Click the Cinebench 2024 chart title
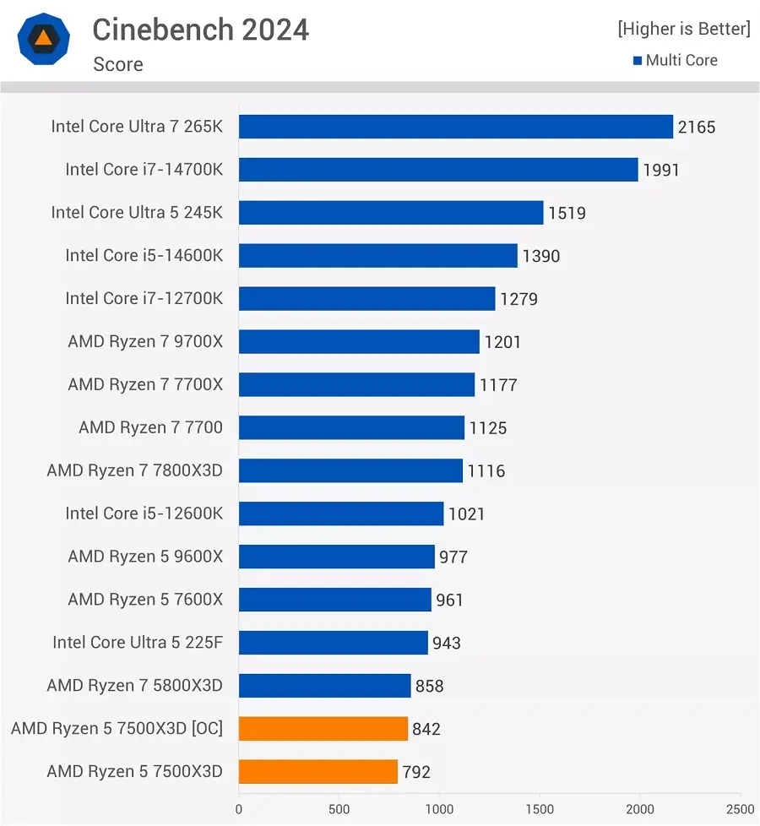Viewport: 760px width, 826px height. pyautogui.click(x=200, y=30)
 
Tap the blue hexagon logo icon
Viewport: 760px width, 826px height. pyautogui.click(x=43, y=39)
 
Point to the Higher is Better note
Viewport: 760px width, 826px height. pyautogui.click(x=683, y=29)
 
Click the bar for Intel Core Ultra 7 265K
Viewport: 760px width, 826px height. pyautogui.click(x=455, y=127)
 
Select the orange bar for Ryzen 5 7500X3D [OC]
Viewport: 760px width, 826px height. pyautogui.click(x=323, y=729)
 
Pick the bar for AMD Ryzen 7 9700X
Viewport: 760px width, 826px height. pyautogui.click(x=359, y=342)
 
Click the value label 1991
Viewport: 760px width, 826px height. pyautogui.click(x=660, y=170)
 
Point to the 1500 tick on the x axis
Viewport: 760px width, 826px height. pyautogui.click(x=540, y=808)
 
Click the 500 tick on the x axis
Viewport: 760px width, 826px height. pyautogui.click(x=339, y=808)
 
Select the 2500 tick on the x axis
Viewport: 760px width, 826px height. pyautogui.click(x=740, y=808)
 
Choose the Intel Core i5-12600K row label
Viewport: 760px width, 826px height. pyautogui.click(x=144, y=514)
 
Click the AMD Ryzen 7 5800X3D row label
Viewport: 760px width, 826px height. pyautogui.click(x=134, y=685)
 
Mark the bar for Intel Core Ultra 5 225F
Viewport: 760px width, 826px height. pyautogui.click(x=333, y=643)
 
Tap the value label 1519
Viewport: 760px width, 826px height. pyautogui.click(x=567, y=213)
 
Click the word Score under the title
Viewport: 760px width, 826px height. pyautogui.click(x=117, y=64)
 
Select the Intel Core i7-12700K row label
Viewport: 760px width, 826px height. pyautogui.click(x=144, y=298)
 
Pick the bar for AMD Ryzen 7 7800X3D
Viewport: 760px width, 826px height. pyautogui.click(x=350, y=470)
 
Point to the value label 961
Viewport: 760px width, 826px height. pyautogui.click(x=449, y=600)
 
